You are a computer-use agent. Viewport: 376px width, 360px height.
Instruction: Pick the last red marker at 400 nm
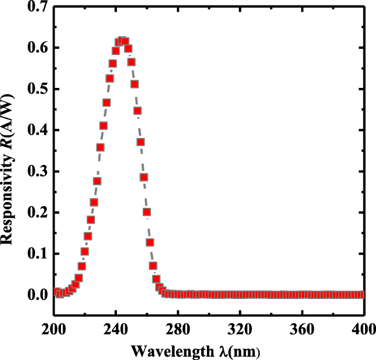361,295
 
